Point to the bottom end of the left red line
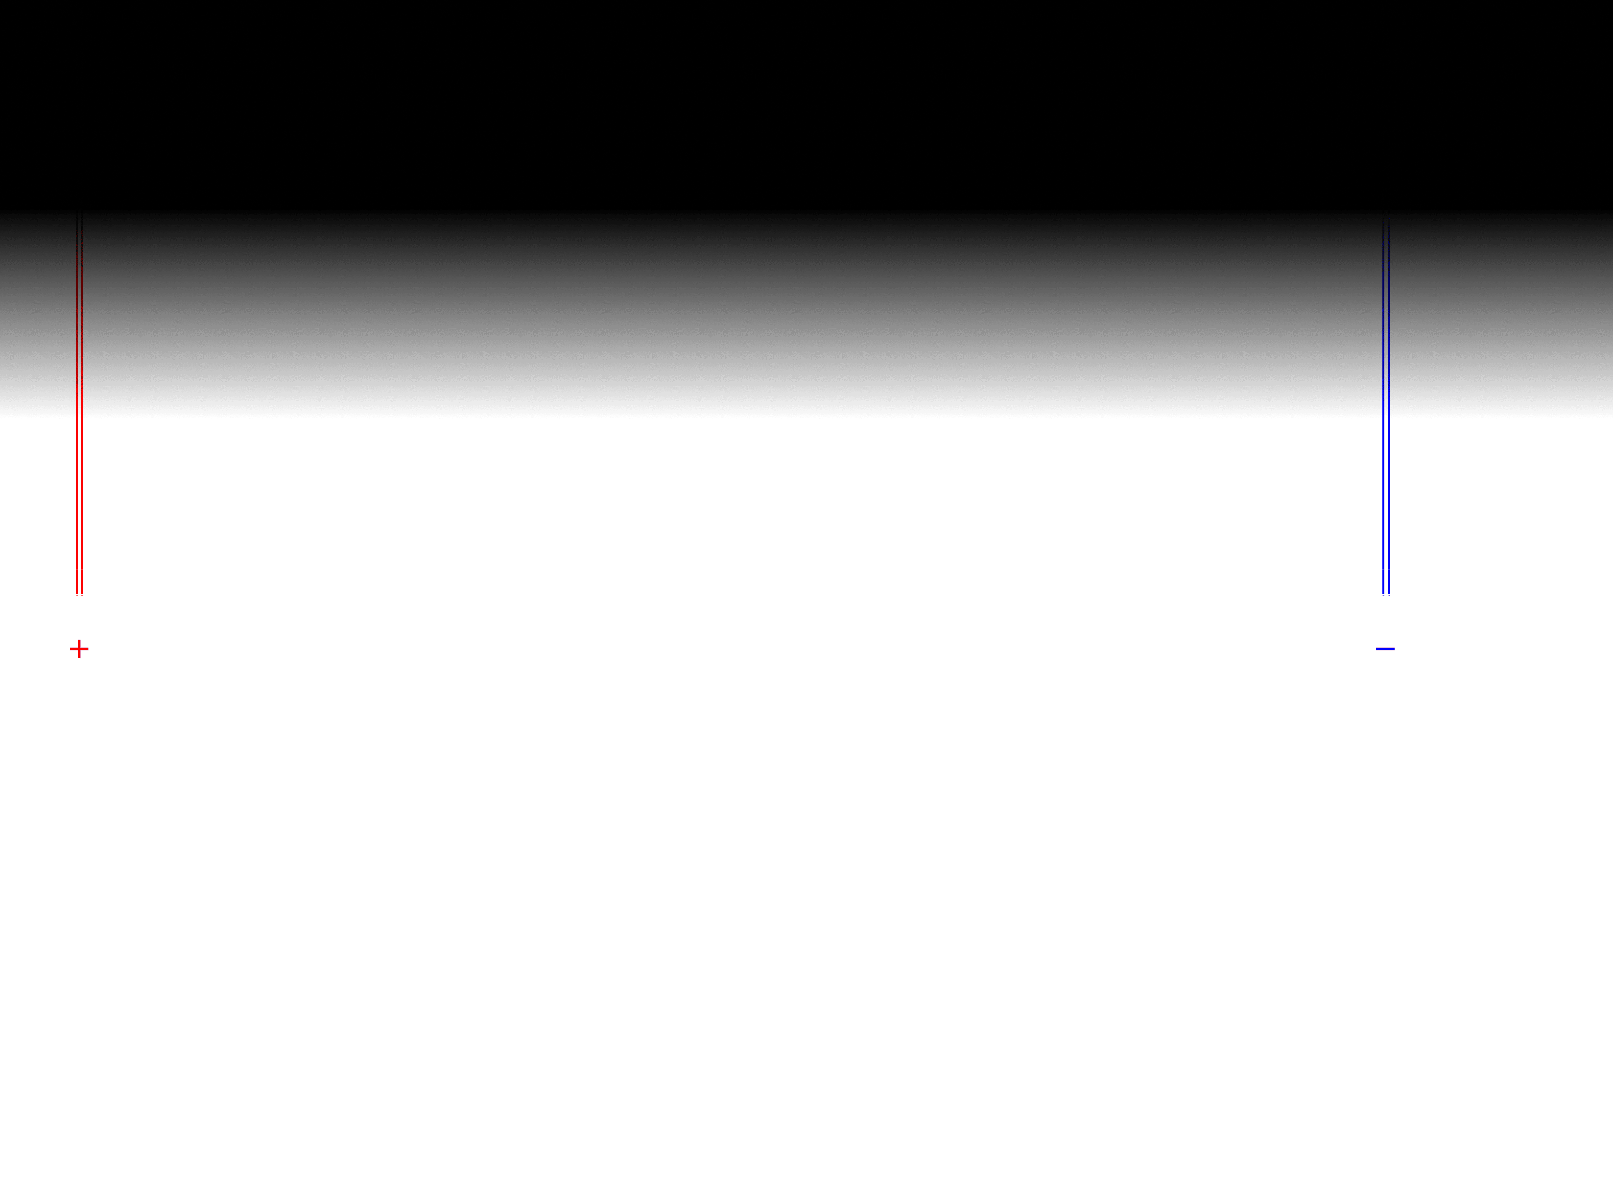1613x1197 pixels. coord(77,594)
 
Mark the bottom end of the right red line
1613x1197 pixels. coord(82,594)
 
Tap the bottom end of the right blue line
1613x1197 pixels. coord(1389,594)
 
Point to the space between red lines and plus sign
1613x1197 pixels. coord(79,617)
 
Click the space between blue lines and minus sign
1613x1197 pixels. coord(1385,621)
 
